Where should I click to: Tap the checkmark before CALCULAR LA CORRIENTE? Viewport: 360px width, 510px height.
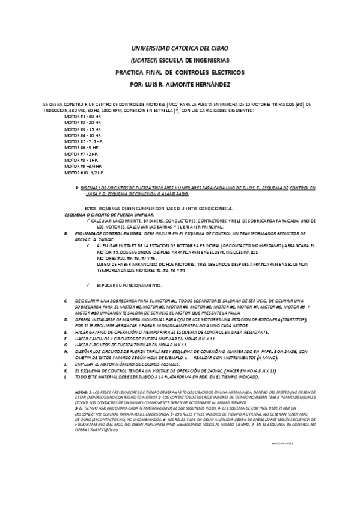87,220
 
